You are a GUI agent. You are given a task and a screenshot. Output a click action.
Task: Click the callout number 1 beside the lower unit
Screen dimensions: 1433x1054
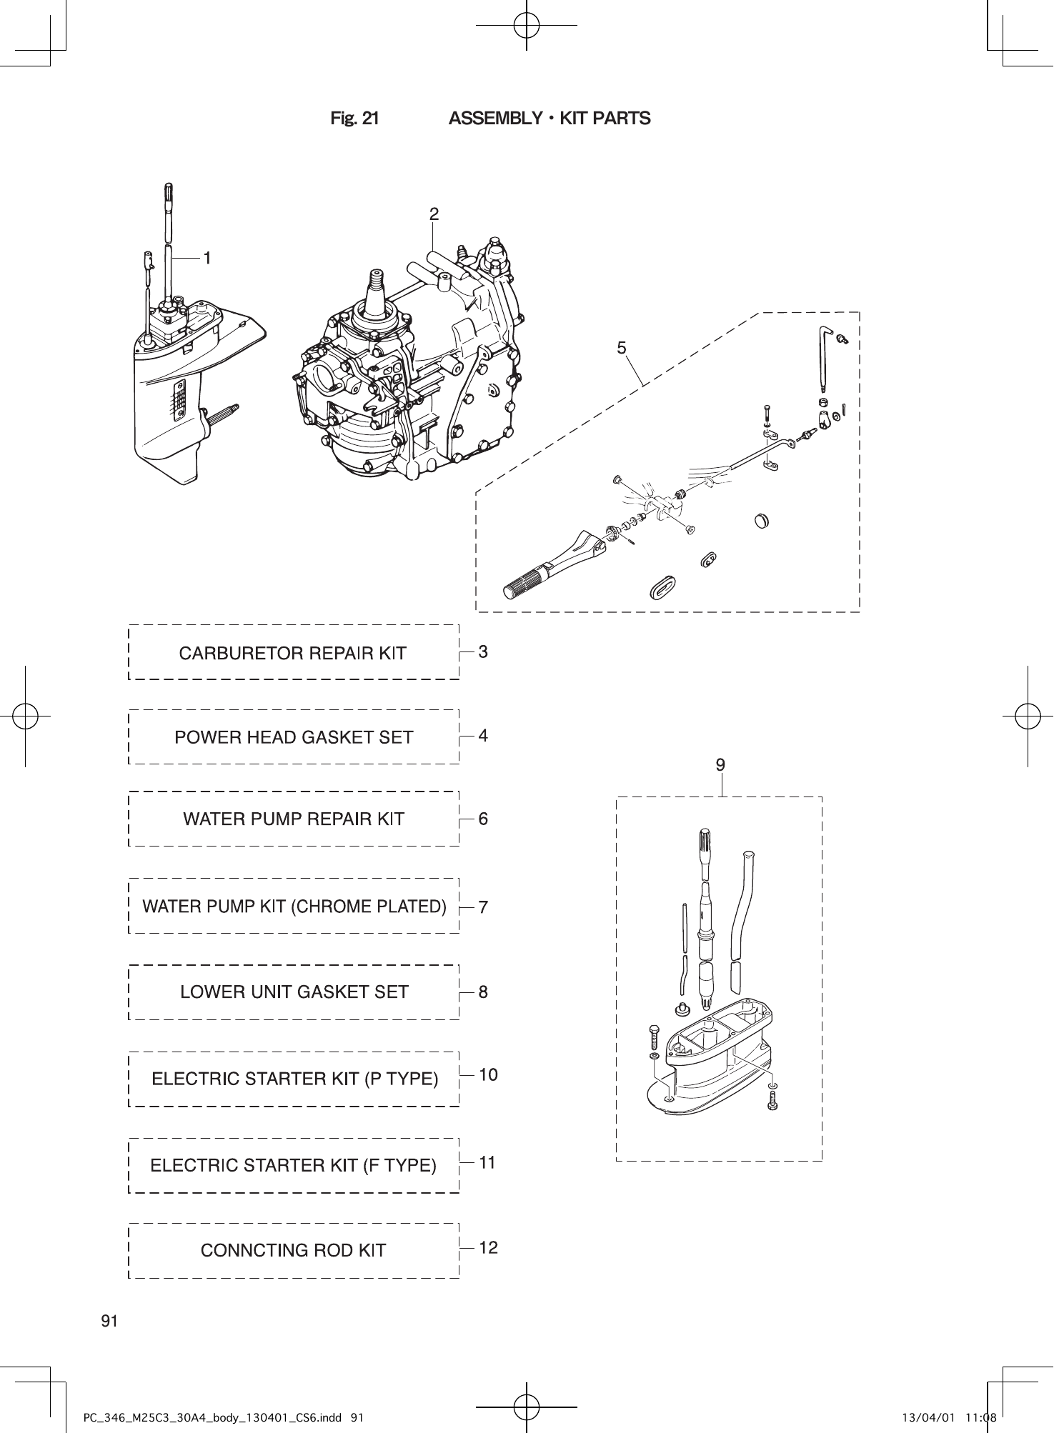(207, 258)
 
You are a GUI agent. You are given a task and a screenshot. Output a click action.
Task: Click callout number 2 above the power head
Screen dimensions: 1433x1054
(434, 214)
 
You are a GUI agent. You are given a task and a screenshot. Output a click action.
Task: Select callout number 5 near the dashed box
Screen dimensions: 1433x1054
(622, 348)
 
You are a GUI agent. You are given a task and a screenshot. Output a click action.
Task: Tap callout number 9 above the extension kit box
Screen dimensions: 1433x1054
(720, 765)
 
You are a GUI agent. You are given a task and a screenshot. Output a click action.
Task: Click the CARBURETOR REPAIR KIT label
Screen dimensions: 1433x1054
(292, 654)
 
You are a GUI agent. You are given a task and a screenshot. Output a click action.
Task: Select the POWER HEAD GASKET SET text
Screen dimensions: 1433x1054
(294, 737)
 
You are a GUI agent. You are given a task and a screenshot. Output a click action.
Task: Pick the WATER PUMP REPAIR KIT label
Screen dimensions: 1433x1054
(294, 819)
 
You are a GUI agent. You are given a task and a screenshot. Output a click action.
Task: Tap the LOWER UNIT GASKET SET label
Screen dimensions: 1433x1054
(294, 992)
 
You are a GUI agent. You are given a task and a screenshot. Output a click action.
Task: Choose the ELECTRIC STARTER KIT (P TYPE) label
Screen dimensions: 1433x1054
(294, 1079)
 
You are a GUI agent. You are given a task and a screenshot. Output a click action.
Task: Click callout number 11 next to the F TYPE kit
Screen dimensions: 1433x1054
(487, 1163)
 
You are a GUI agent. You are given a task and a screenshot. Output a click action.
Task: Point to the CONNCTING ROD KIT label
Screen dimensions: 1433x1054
(293, 1251)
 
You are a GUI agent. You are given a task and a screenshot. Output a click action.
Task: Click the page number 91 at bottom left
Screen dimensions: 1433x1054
(109, 1321)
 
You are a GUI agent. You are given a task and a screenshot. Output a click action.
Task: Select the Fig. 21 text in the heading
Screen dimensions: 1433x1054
(354, 119)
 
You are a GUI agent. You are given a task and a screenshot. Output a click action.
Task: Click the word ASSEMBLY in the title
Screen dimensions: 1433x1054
(496, 119)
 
